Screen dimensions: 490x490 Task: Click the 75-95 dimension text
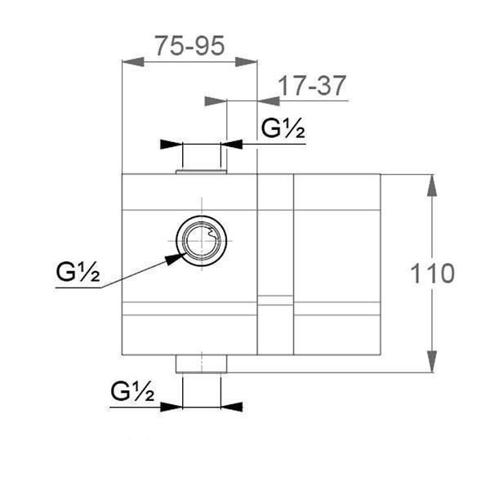click(x=189, y=45)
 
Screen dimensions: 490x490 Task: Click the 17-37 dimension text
click(x=312, y=85)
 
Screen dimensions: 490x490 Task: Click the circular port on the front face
click(x=202, y=242)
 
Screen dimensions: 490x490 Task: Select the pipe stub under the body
click(x=201, y=364)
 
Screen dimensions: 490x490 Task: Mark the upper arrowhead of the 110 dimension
click(x=432, y=185)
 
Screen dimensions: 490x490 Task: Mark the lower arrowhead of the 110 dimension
click(x=432, y=362)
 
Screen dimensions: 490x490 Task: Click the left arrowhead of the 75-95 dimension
click(x=131, y=61)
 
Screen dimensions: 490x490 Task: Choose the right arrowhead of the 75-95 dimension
click(x=247, y=61)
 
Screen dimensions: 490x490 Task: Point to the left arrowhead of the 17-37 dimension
click(x=215, y=100)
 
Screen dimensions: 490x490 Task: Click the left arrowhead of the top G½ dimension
click(x=171, y=145)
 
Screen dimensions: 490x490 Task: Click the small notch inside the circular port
click(x=213, y=237)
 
